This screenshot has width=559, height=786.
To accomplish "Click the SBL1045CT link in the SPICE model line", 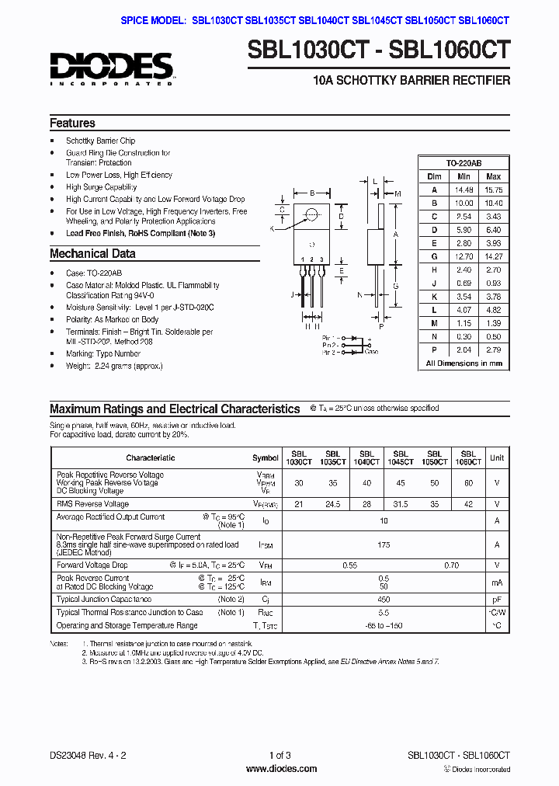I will point(377,21).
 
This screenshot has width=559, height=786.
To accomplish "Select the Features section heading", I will point(73,123).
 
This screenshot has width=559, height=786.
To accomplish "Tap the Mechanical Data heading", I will point(92,254).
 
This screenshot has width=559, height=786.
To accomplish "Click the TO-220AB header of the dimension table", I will point(464,163).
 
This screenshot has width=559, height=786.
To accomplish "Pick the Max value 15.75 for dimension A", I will point(493,190).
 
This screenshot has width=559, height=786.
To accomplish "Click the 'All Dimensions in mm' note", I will point(464,363).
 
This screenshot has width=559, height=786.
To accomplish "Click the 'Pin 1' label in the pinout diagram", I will point(329,338).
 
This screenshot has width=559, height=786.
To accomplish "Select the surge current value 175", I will point(384,545).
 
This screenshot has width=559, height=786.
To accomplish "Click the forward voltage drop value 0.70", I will point(451,565).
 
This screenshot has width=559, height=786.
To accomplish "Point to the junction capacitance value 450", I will point(384,600).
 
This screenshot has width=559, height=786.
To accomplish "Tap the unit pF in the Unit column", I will point(497,600).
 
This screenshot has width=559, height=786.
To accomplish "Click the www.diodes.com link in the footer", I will point(280,769).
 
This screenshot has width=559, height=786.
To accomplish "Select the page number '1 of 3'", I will point(279,755).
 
